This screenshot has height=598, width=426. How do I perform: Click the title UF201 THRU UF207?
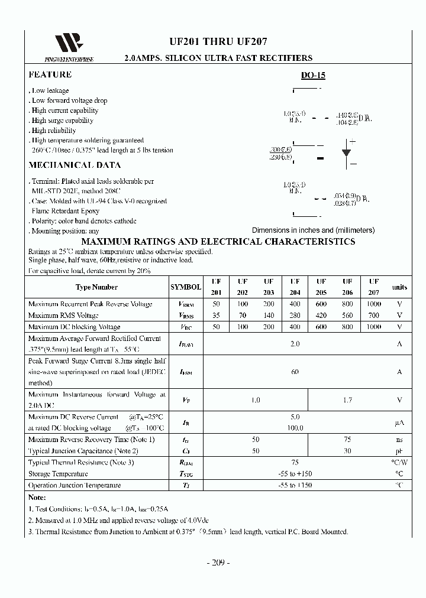(x=218, y=42)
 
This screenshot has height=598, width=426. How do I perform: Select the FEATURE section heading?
(x=50, y=74)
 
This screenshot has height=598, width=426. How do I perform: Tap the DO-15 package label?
(x=313, y=76)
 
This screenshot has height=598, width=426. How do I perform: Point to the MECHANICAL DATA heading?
(x=69, y=165)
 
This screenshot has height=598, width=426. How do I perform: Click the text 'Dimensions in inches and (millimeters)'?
(x=313, y=230)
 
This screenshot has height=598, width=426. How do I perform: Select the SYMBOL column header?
(x=185, y=287)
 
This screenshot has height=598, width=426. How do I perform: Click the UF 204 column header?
(x=295, y=287)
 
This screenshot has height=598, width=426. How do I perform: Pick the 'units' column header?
(x=399, y=287)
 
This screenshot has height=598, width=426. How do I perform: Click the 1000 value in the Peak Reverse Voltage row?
(x=374, y=304)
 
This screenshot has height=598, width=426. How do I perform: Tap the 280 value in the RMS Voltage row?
(x=295, y=316)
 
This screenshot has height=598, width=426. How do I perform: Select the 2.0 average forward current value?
(x=295, y=344)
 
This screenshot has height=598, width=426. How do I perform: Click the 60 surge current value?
(x=295, y=372)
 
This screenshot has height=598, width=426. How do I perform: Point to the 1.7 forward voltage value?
(x=347, y=400)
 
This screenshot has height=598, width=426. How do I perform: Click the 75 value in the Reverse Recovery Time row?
(x=347, y=440)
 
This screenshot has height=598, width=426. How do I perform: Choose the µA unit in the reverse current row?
(x=399, y=423)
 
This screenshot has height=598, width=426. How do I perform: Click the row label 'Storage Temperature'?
(x=58, y=474)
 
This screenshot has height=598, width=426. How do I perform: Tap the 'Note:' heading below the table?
(x=37, y=498)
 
